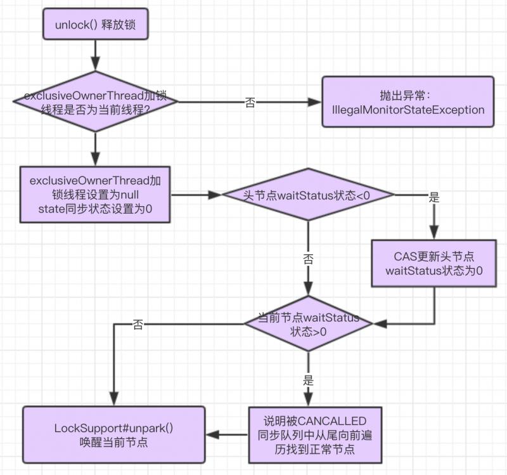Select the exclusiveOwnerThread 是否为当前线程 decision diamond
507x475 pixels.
(x=95, y=101)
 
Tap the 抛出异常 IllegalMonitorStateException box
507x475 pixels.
(x=408, y=102)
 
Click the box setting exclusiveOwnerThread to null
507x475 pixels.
(x=95, y=195)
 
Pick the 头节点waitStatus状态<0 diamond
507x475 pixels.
(x=307, y=195)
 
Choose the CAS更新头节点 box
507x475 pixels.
(x=434, y=264)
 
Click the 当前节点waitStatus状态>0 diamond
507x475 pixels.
(x=308, y=324)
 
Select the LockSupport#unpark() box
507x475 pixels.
(x=114, y=434)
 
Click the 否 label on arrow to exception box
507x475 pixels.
(x=250, y=103)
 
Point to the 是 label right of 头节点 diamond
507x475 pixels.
(x=434, y=197)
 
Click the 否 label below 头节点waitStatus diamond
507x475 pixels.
(x=308, y=259)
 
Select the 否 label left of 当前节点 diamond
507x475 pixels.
(x=138, y=325)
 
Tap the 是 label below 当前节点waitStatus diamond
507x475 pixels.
(x=309, y=381)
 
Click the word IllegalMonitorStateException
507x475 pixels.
(x=408, y=110)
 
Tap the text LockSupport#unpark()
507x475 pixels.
(x=114, y=427)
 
